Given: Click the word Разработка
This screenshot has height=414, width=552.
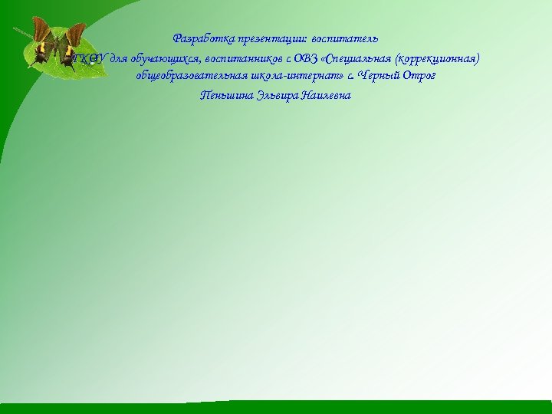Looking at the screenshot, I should tap(201, 38).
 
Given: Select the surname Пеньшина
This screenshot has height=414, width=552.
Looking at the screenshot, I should tap(222, 96).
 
